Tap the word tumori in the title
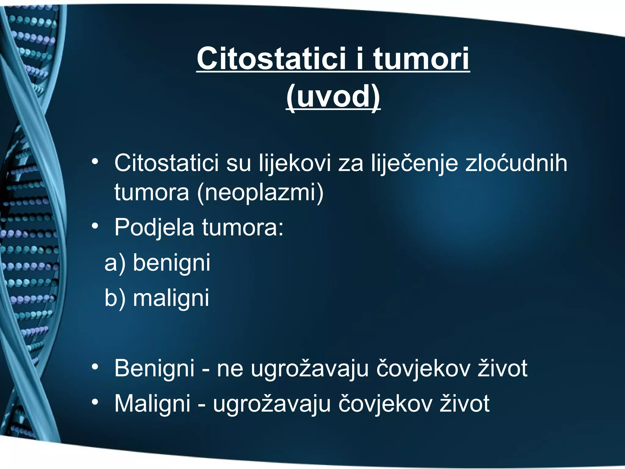421,58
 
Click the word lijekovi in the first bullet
295,163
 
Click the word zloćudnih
516,163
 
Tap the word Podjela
154,228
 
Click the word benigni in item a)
172,263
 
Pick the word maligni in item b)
171,298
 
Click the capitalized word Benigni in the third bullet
154,369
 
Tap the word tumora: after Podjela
243,228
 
